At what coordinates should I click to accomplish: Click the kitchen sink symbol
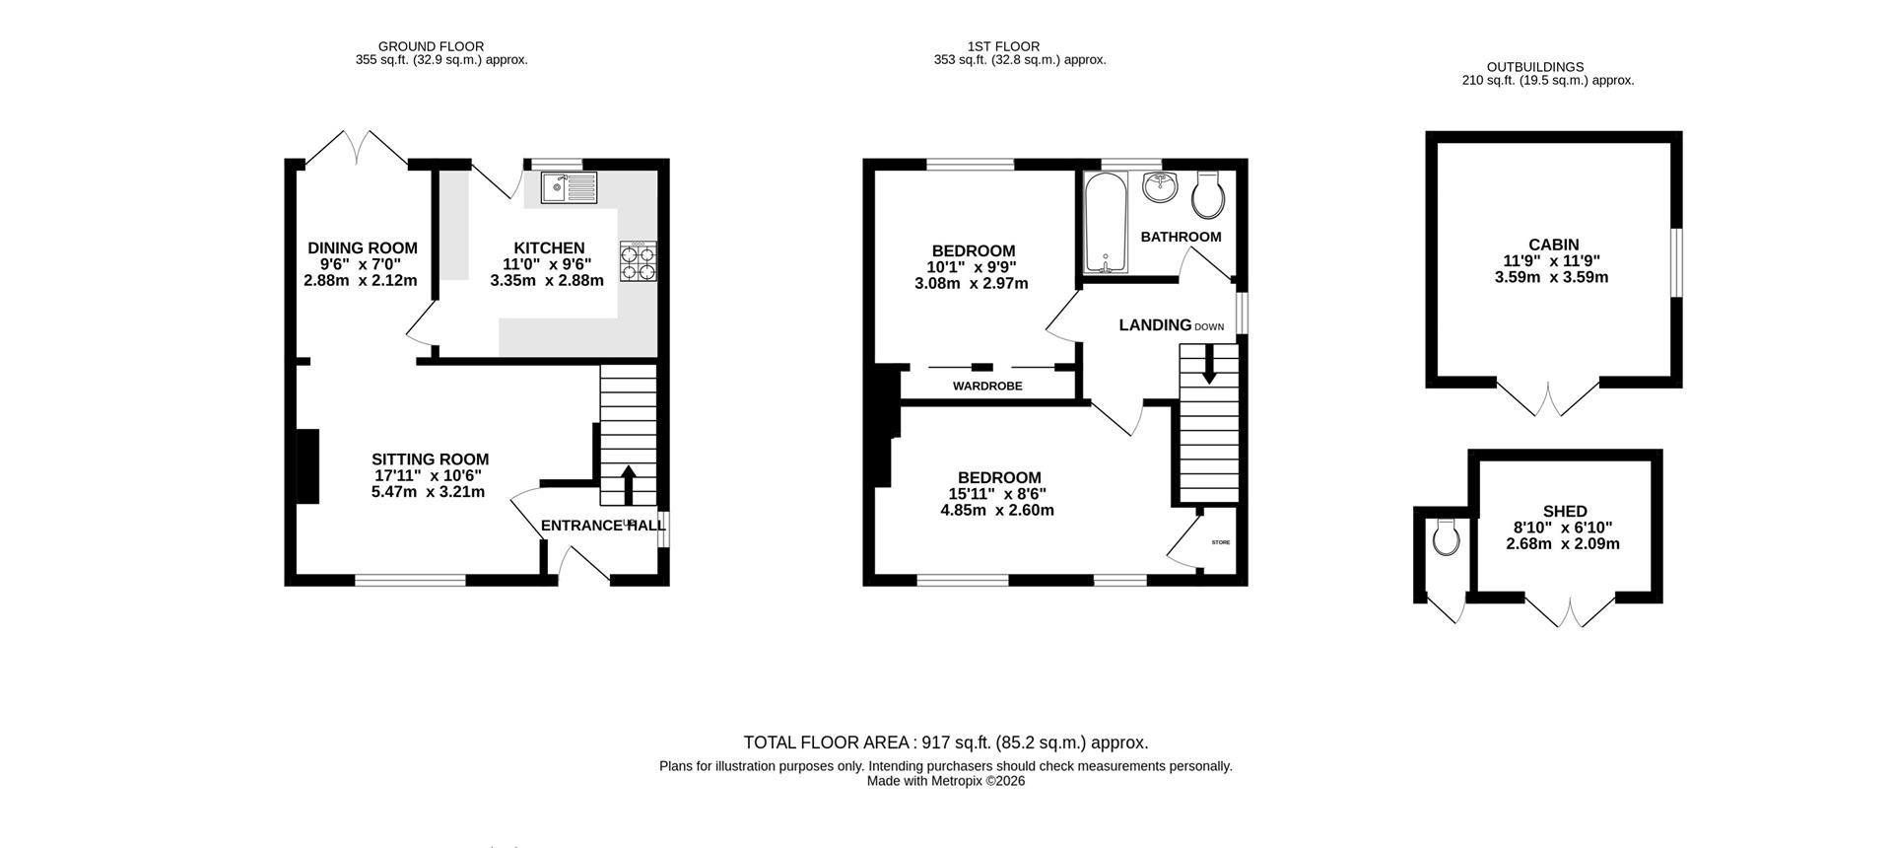coord(569,187)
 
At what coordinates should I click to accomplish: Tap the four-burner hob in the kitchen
coord(638,261)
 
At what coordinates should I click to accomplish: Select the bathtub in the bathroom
coord(1105,223)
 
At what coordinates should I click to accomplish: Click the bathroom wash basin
coord(1162,187)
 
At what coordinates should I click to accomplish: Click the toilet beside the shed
coord(1446,537)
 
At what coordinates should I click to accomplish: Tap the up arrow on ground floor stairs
coord(628,485)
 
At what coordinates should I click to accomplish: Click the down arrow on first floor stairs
coord(1208,368)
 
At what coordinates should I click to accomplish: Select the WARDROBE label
coord(986,387)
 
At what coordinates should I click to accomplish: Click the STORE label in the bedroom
coord(1221,542)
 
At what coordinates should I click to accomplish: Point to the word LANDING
coord(1155,324)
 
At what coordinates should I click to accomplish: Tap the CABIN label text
coord(1553,245)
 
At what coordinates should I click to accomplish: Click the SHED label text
coord(1565,511)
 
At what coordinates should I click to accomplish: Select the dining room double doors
coord(356,148)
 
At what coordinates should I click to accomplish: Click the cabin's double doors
coord(1548,398)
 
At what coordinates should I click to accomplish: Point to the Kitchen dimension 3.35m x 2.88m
coord(546,280)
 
